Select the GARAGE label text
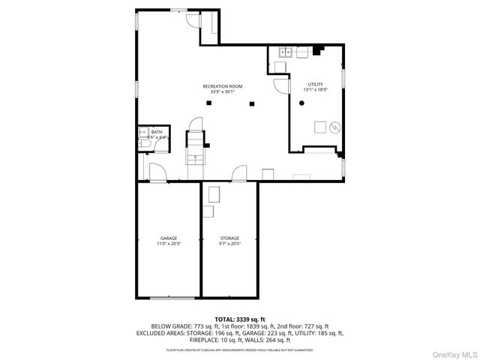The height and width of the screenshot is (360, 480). pyautogui.click(x=168, y=238)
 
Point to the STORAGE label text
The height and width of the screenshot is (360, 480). pyautogui.click(x=229, y=238)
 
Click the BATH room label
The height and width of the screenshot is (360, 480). pyautogui.click(x=156, y=132)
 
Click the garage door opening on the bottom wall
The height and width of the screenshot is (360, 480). pyautogui.click(x=168, y=298)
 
